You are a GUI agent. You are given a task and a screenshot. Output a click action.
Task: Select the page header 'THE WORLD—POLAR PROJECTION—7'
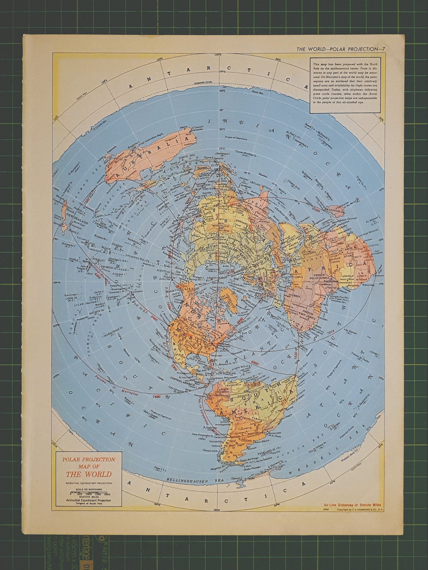click(x=341, y=49)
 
